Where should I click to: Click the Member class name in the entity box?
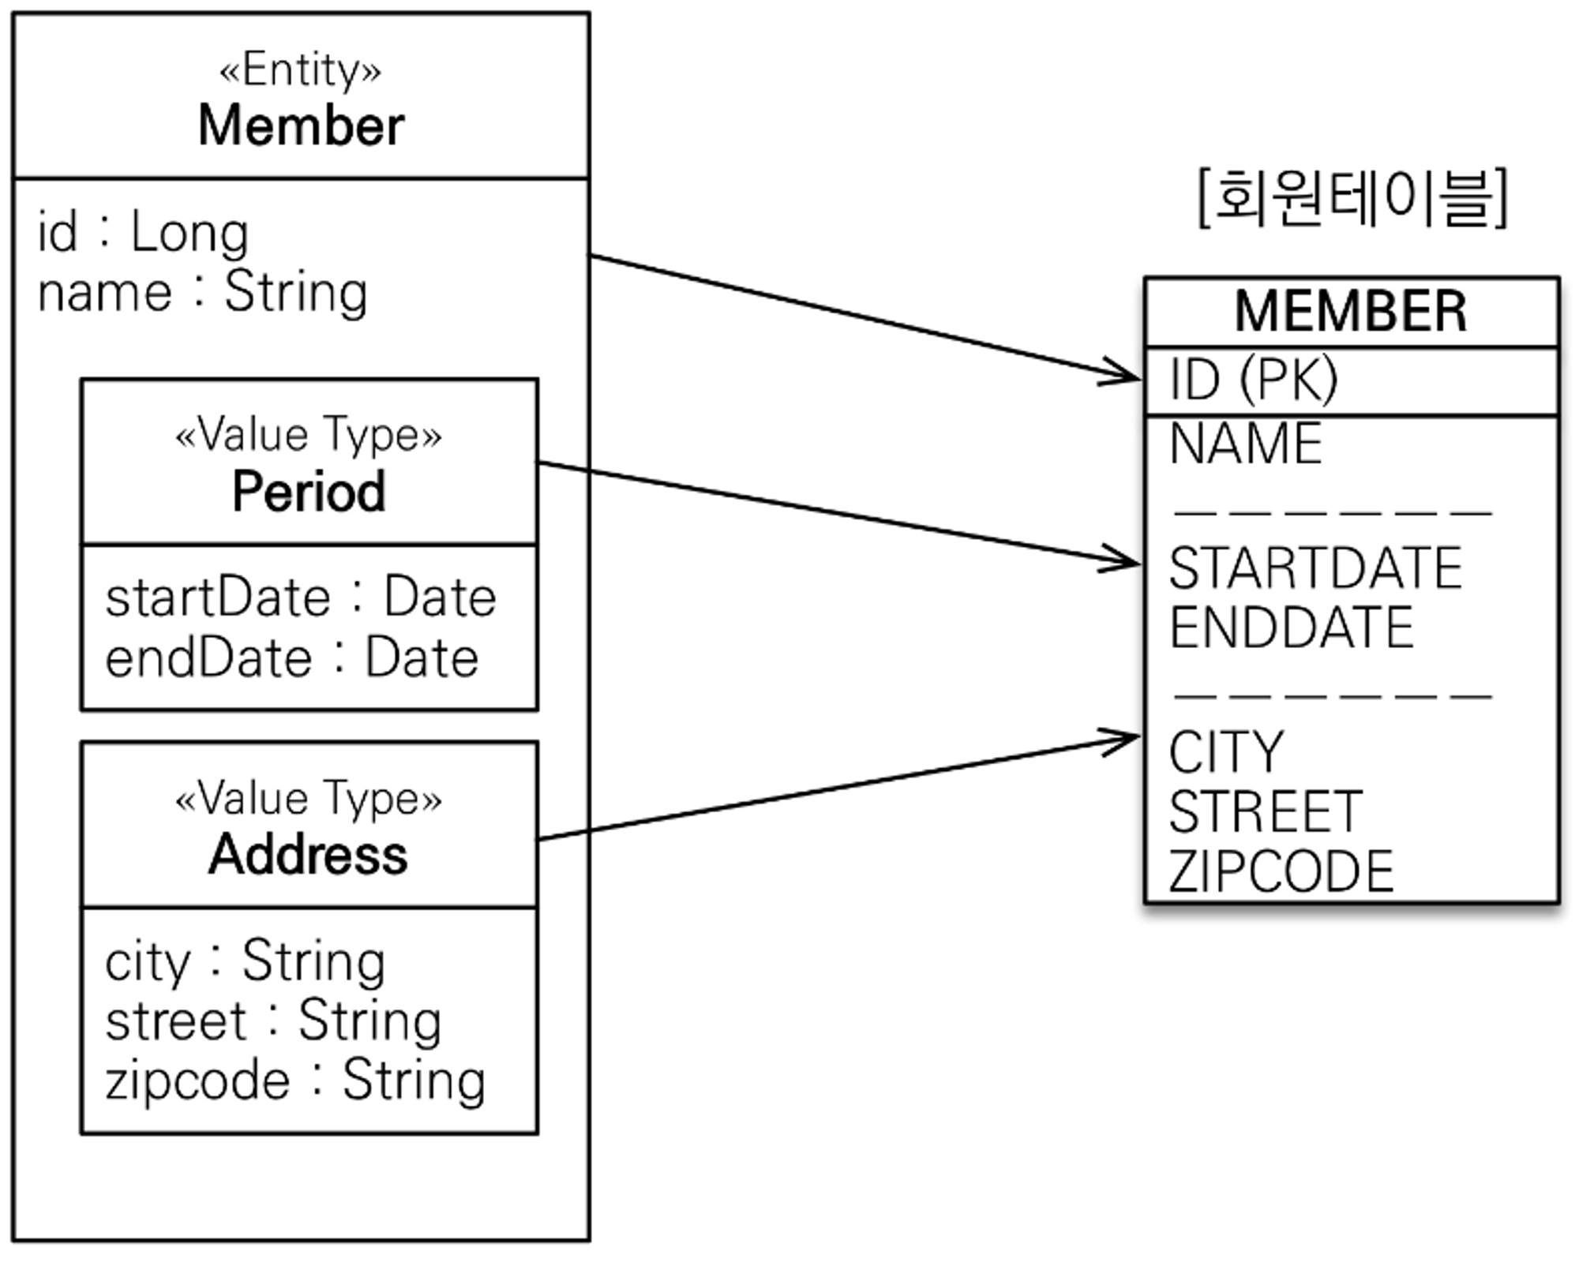click(x=301, y=126)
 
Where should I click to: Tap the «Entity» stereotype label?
click(x=301, y=70)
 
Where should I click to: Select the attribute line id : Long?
click(x=143, y=233)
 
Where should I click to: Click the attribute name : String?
click(x=202, y=293)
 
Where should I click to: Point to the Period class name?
click(x=309, y=492)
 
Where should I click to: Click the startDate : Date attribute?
click(x=301, y=597)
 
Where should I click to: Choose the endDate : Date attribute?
click(x=291, y=658)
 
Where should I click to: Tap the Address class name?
click(x=309, y=855)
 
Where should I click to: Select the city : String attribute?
click(x=245, y=961)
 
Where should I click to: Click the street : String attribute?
click(x=272, y=1021)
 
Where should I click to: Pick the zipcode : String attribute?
click(x=294, y=1081)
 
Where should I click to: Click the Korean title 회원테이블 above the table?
click(x=1352, y=198)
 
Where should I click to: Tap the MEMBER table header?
click(x=1351, y=312)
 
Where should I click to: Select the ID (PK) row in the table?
click(x=1254, y=380)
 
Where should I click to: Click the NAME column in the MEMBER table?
click(x=1246, y=444)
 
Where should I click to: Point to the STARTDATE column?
click(x=1315, y=568)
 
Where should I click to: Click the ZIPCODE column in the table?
click(x=1281, y=872)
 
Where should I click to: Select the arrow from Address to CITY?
click(x=837, y=788)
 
